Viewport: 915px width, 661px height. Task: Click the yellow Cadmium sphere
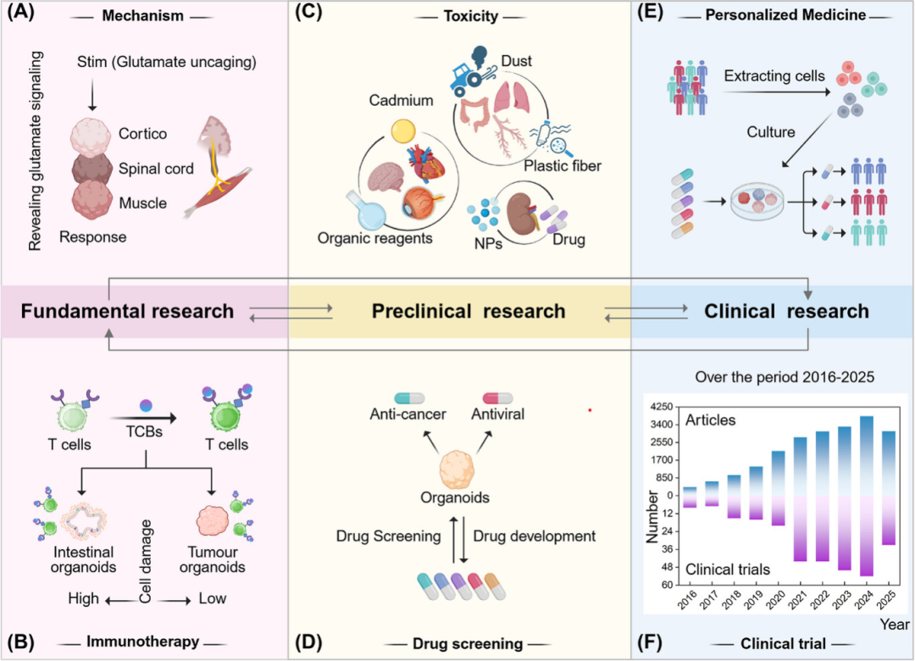pyautogui.click(x=403, y=131)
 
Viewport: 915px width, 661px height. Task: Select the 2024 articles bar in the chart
pyautogui.click(x=866, y=455)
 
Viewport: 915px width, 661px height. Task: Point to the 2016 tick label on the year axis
pyautogui.click(x=687, y=600)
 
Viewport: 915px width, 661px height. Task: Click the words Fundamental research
pyautogui.click(x=127, y=311)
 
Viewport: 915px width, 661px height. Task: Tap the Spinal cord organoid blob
pyautogui.click(x=91, y=168)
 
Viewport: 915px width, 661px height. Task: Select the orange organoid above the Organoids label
pyautogui.click(x=457, y=469)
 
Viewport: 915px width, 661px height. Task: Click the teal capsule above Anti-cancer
pyautogui.click(x=409, y=398)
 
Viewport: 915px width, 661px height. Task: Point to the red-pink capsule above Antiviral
pyautogui.click(x=497, y=398)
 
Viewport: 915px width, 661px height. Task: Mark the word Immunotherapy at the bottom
pyautogui.click(x=143, y=642)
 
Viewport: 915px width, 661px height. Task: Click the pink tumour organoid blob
pyautogui.click(x=213, y=520)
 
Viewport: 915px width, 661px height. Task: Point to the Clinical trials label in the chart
pyautogui.click(x=728, y=569)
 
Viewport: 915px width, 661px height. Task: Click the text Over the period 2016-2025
pyautogui.click(x=785, y=377)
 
